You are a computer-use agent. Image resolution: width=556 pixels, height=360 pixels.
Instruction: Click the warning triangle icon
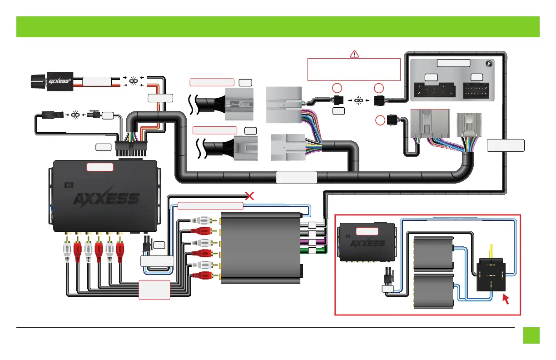[354, 54]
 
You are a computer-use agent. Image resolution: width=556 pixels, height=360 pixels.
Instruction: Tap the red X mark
[249, 196]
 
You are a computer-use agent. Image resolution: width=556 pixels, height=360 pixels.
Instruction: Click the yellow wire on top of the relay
[490, 250]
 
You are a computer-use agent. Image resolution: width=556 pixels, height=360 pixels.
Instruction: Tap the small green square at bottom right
[531, 336]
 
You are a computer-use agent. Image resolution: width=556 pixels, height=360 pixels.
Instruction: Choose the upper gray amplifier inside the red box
[435, 254]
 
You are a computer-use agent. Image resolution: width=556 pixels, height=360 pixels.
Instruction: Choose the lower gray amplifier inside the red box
[435, 290]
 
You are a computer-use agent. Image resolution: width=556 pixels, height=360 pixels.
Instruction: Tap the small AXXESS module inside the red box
[367, 241]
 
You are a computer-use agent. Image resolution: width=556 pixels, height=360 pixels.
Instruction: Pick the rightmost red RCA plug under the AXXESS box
[120, 247]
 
